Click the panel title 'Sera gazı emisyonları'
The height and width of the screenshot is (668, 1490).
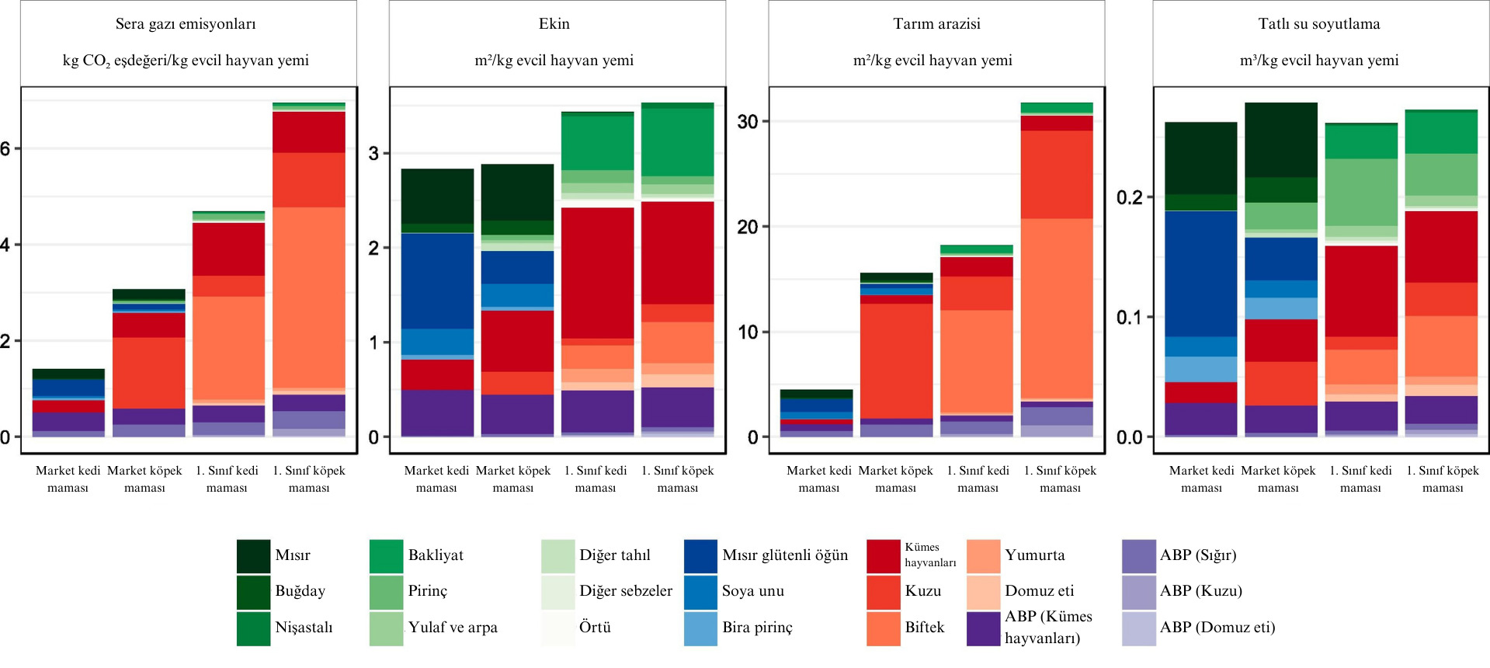pos(186,24)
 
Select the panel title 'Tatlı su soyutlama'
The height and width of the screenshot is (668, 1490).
pos(1319,24)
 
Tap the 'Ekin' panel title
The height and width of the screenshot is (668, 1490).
pos(554,24)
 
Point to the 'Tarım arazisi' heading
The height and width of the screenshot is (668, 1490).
pos(936,24)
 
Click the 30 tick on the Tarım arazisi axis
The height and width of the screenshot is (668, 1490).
pos(747,122)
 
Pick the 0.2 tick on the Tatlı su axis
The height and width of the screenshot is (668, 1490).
pos(1130,197)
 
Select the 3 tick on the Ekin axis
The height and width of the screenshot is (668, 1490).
pos(373,153)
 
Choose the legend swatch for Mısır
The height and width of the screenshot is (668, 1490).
pos(253,555)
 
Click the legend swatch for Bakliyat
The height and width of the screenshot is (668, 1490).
pos(387,555)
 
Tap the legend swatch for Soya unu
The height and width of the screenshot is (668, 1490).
pos(700,591)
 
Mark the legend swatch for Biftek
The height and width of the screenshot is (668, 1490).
pos(883,628)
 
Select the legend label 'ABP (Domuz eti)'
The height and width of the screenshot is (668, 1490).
pos(1217,628)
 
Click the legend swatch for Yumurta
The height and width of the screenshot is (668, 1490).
pos(983,555)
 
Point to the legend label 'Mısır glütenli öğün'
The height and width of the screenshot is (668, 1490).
pos(785,555)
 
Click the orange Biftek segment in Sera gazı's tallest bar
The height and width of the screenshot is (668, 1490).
pos(309,295)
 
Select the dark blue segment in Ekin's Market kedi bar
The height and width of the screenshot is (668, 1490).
pos(437,280)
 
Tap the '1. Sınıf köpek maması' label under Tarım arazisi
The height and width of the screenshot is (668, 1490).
pos(1060,479)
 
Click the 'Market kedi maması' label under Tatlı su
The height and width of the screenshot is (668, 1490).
pos(1201,479)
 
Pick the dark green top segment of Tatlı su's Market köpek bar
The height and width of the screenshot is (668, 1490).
pos(1281,140)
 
